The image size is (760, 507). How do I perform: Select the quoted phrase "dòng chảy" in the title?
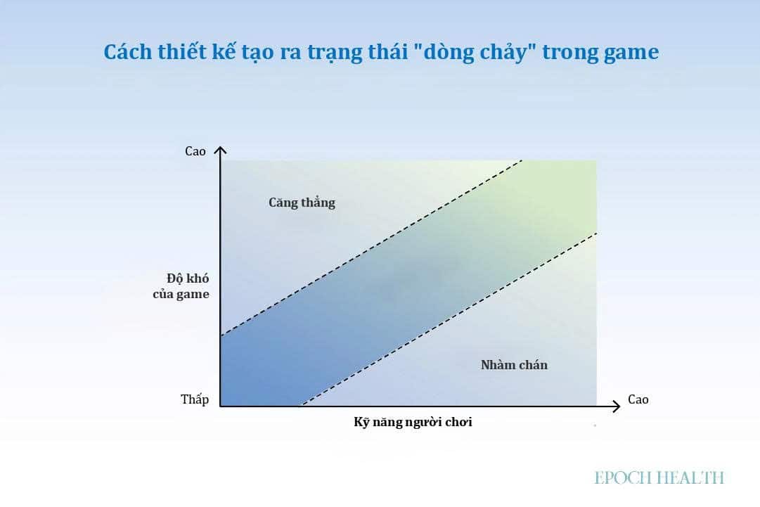pos(475,52)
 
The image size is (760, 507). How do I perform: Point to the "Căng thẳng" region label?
pos(302,202)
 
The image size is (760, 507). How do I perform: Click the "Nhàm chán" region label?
pos(514,364)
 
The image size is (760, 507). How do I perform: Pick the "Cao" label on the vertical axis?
pos(195,151)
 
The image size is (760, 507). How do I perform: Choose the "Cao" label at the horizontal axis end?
pos(638,399)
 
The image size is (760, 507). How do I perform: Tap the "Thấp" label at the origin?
pos(195,399)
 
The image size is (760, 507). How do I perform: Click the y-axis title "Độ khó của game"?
pos(181,286)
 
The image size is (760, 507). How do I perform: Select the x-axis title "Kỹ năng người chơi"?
pos(413,422)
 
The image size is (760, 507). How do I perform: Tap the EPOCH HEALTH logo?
pos(659,478)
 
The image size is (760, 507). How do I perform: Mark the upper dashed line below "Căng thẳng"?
pos(371,248)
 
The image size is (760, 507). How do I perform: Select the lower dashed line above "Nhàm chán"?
pos(449,319)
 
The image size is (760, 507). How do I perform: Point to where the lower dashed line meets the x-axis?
pos(300,406)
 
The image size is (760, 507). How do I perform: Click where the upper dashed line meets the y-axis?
pos(221,336)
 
